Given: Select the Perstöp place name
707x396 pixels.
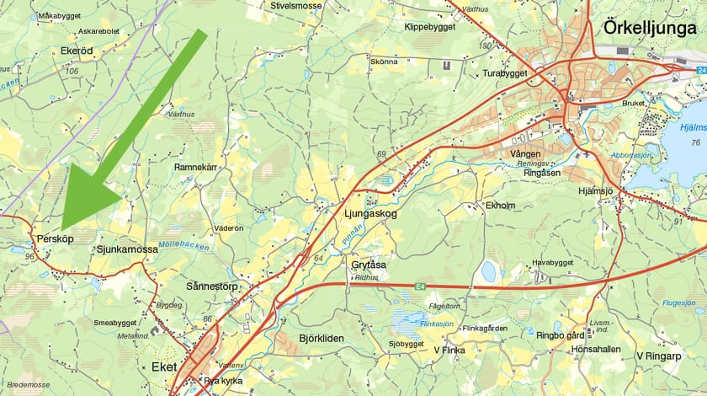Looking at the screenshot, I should pyautogui.click(x=56, y=239).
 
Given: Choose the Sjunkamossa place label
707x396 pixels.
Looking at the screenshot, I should pyautogui.click(x=127, y=250).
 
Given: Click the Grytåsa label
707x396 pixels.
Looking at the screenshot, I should pyautogui.click(x=369, y=265).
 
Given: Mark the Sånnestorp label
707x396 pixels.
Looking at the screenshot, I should pyautogui.click(x=212, y=286).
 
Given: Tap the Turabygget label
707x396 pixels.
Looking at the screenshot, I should pyautogui.click(x=504, y=74).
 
